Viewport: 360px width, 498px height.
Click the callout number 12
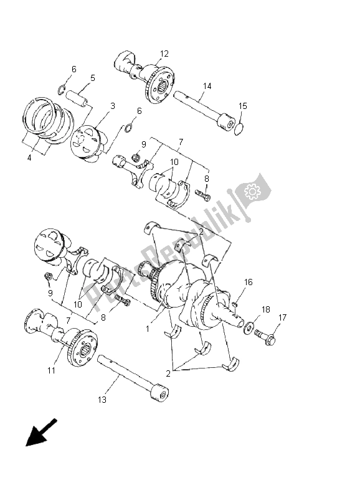(164, 54)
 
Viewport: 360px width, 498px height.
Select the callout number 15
(243, 106)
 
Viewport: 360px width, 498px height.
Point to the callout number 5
(92, 78)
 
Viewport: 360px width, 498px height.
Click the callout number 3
(112, 106)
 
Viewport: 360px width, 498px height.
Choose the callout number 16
(248, 282)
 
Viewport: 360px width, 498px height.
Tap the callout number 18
(265, 309)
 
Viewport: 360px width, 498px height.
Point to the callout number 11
(51, 370)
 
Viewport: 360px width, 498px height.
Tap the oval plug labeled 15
(239, 128)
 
